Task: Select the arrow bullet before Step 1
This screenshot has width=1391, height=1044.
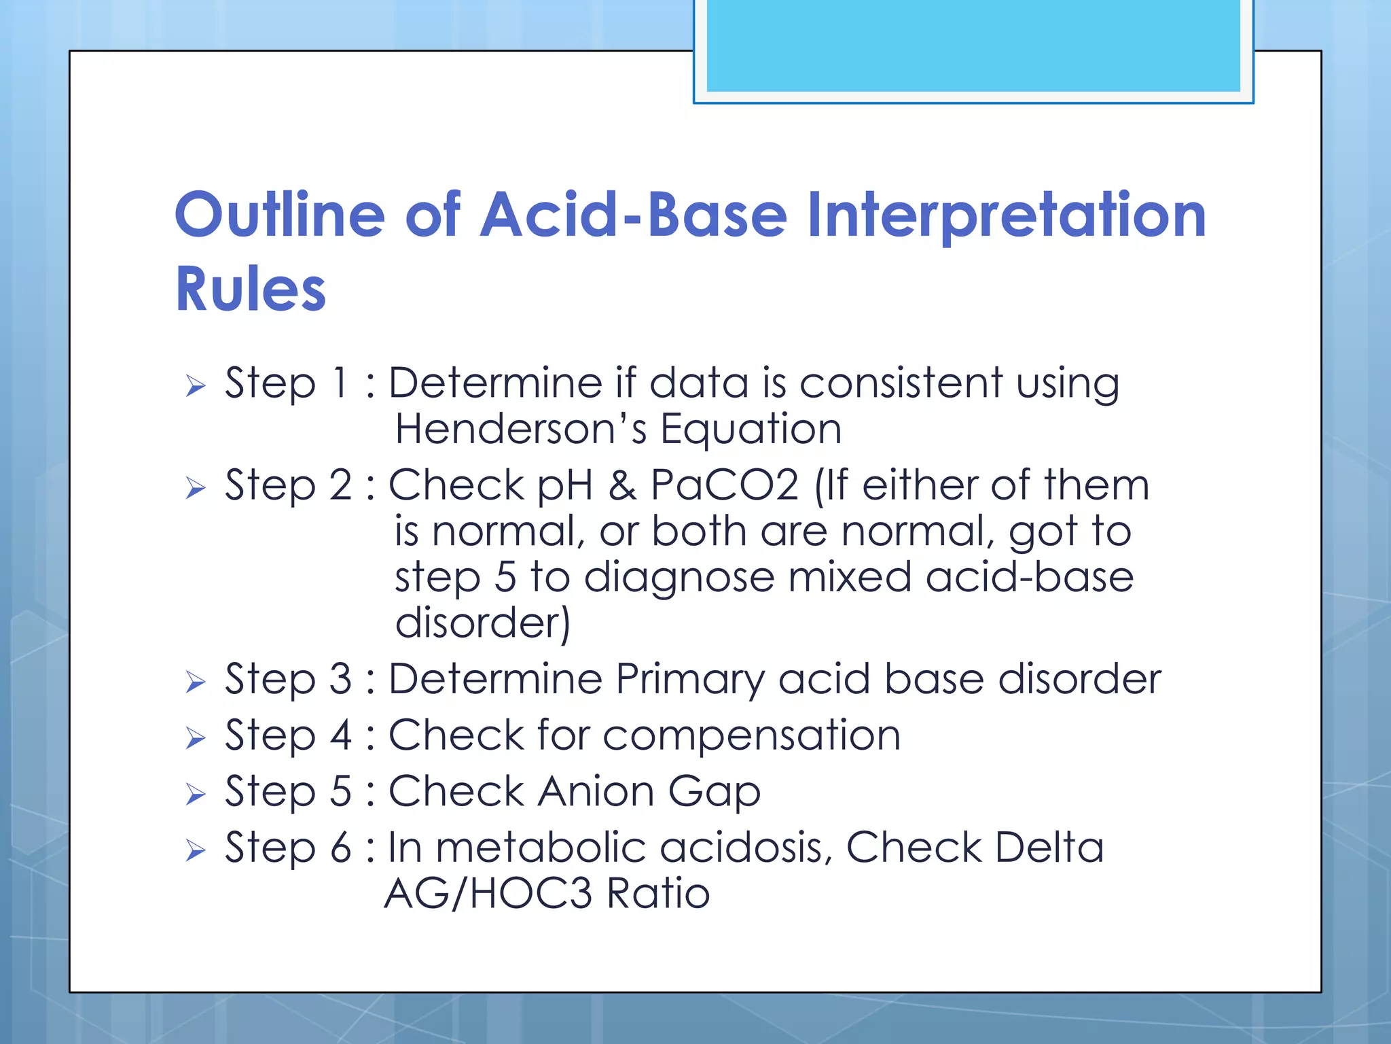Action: [196, 387]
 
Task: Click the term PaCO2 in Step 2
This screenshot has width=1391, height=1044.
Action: [725, 485]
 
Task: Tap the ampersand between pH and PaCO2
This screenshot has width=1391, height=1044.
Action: [622, 485]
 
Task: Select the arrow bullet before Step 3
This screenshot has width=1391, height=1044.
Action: [196, 682]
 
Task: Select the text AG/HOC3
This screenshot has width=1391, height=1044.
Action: [488, 893]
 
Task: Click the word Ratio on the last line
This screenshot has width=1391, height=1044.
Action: [658, 893]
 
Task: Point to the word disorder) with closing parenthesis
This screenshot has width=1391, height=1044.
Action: [482, 623]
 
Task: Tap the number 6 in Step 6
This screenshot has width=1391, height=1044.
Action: [340, 848]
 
